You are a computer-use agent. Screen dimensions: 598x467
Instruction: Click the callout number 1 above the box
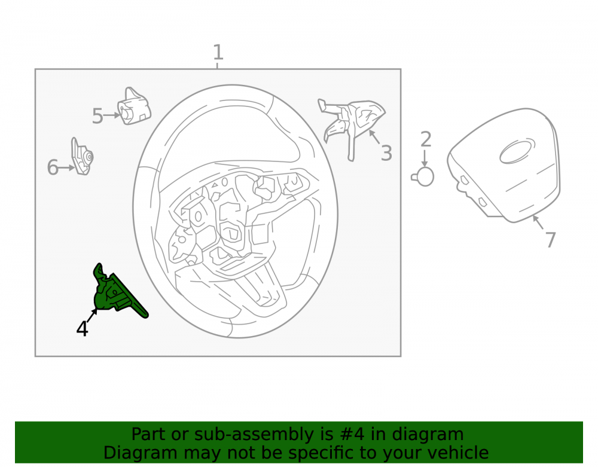coord(218,52)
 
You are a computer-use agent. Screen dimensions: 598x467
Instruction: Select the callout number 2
coord(426,139)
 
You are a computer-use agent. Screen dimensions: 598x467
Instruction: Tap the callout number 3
coord(386,153)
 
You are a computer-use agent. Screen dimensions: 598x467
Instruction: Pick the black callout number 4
coord(83,328)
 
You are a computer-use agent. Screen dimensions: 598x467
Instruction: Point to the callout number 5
coord(97,116)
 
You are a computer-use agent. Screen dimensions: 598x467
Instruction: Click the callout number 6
coord(53,167)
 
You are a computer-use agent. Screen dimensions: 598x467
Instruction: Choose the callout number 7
coord(550,240)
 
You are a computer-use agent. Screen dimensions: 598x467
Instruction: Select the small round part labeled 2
coord(423,177)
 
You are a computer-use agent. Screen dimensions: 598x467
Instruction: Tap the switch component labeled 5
coord(133,107)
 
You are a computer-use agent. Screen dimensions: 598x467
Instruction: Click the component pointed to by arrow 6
coord(82,156)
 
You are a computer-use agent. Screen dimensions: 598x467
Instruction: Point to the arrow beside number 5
coord(112,115)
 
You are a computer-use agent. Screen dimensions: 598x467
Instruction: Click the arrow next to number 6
coord(67,168)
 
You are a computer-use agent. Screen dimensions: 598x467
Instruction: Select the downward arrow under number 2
coord(425,158)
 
